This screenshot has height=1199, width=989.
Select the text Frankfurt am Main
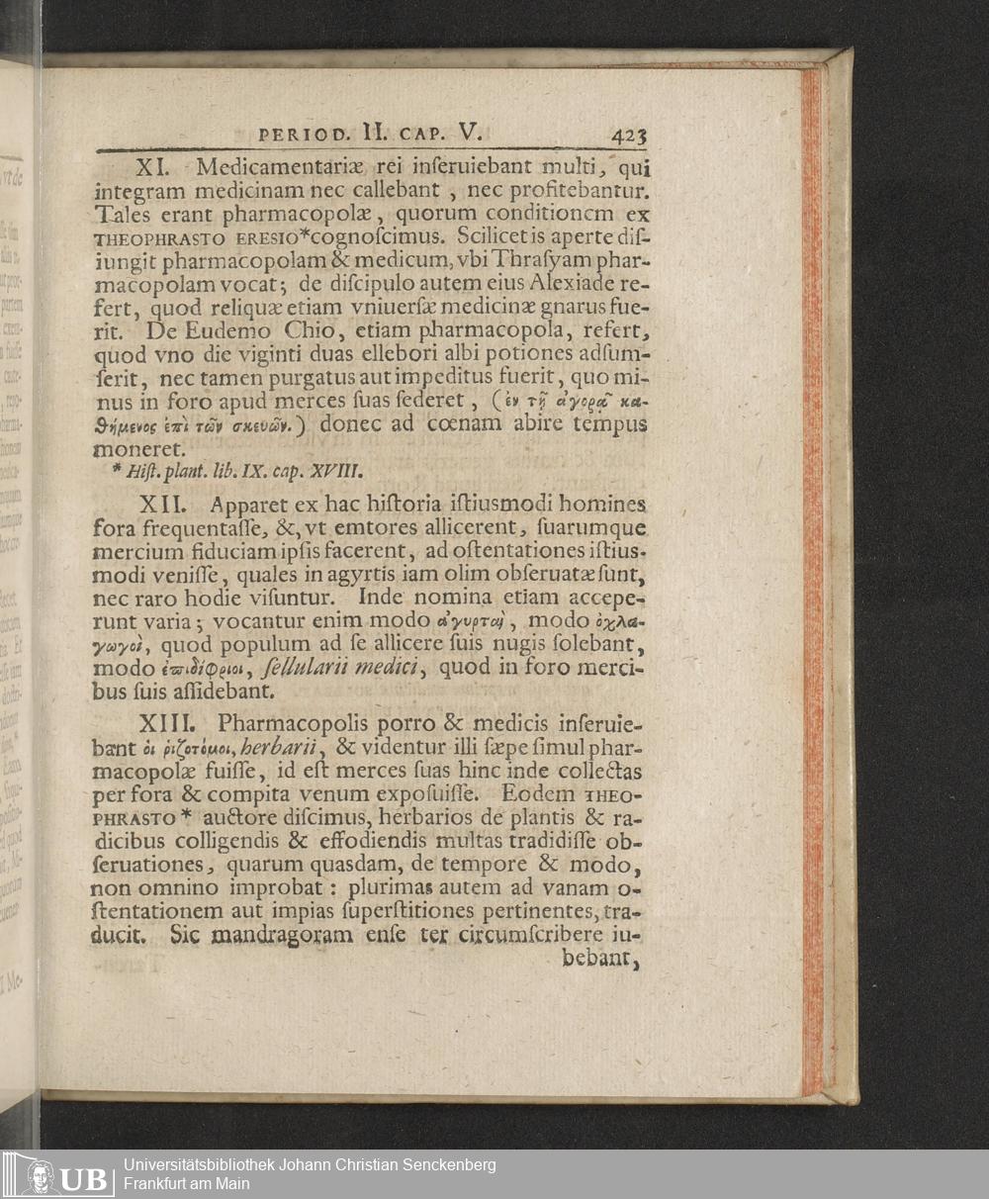pyautogui.click(x=187, y=1184)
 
